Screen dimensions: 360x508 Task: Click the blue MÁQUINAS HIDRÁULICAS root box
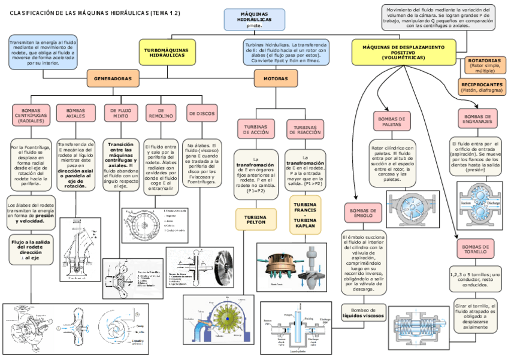pyautogui.click(x=254, y=19)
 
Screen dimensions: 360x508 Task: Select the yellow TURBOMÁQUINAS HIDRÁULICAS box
pyautogui.click(x=167, y=52)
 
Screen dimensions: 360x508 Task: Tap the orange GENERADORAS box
pyautogui.click(x=113, y=78)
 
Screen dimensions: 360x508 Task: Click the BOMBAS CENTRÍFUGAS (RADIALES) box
pyautogui.click(x=31, y=115)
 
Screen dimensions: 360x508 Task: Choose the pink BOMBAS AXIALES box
pyautogui.click(x=75, y=114)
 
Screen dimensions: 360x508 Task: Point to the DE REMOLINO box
pyautogui.click(x=161, y=114)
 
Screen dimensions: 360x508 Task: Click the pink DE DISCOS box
pyautogui.click(x=202, y=113)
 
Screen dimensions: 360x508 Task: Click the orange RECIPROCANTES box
pyautogui.click(x=482, y=87)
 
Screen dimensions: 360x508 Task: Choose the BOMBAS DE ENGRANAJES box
pyautogui.click(x=478, y=119)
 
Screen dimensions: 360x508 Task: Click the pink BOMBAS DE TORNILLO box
pyautogui.click(x=478, y=248)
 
